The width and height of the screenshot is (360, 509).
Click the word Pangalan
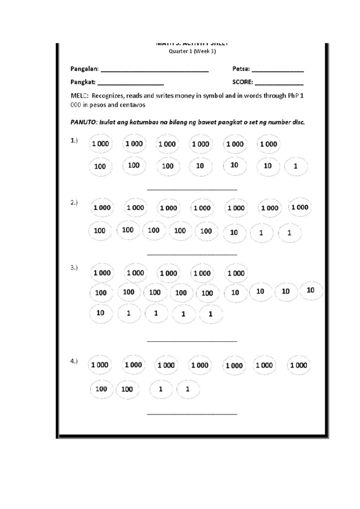(x=84, y=69)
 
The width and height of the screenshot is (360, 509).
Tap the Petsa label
(x=241, y=69)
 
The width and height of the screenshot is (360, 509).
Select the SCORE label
(x=242, y=82)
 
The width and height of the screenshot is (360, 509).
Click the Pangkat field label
(x=83, y=82)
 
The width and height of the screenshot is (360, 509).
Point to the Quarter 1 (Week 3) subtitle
(x=192, y=51)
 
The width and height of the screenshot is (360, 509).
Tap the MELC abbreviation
(x=79, y=96)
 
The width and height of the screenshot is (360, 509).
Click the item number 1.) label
(x=74, y=140)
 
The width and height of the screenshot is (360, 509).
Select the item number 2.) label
(x=74, y=203)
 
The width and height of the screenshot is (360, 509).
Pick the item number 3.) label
(x=74, y=267)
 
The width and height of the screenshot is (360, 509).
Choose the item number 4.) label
(x=74, y=361)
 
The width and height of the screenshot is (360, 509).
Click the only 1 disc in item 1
(x=295, y=166)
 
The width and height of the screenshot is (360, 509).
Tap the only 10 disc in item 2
(x=234, y=233)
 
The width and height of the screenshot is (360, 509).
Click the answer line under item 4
(x=192, y=414)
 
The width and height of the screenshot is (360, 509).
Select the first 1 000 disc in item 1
(x=100, y=144)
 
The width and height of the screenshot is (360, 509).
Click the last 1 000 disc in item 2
(x=300, y=207)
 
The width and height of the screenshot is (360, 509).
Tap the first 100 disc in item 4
(x=101, y=389)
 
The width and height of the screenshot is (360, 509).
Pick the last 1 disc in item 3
(x=211, y=314)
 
